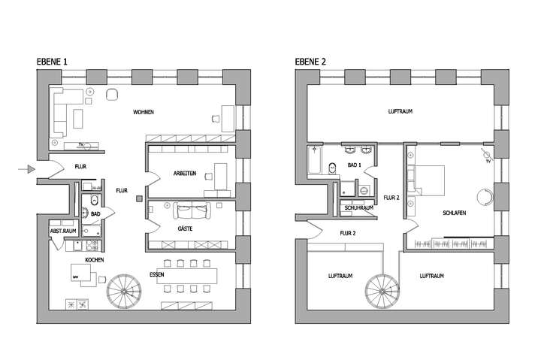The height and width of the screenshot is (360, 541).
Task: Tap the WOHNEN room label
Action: [144, 112]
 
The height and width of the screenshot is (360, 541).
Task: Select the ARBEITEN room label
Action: [184, 173]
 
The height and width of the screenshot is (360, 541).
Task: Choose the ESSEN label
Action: [157, 274]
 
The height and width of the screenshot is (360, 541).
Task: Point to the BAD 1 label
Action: [355, 163]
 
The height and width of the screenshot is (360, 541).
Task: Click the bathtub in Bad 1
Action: [315, 159]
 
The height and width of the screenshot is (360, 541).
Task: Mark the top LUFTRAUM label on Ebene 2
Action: [400, 111]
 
